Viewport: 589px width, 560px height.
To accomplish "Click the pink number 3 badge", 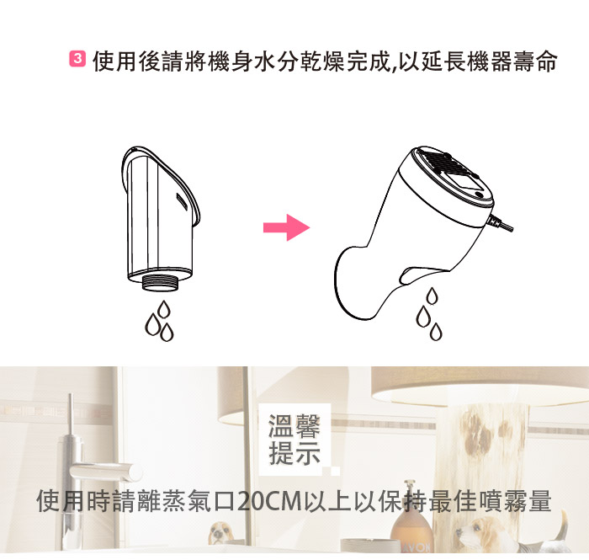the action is click(x=77, y=59).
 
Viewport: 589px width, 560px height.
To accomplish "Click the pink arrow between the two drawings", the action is click(x=286, y=227).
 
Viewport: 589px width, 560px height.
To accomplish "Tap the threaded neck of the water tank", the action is click(x=162, y=283).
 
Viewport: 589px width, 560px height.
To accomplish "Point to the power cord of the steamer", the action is click(x=501, y=224).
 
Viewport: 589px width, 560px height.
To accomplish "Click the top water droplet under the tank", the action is click(x=164, y=309).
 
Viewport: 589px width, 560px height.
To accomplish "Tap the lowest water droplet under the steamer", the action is click(x=436, y=332).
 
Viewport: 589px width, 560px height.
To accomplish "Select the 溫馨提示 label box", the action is click(x=294, y=439).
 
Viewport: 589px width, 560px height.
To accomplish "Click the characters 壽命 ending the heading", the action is click(x=533, y=61).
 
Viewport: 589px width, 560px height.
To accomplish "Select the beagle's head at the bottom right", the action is click(x=476, y=530).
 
